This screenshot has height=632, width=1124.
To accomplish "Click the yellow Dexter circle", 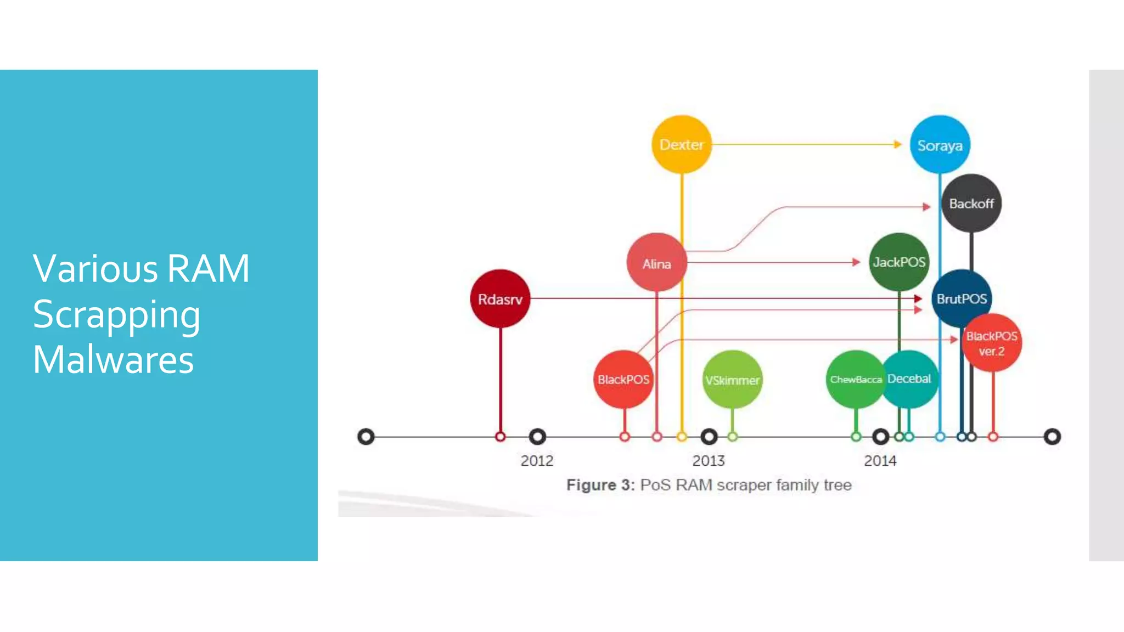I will [681, 144].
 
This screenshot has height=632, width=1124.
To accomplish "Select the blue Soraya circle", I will [940, 145].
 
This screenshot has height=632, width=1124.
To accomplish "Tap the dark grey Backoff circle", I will [971, 204].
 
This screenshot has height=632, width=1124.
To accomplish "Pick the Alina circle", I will [656, 263].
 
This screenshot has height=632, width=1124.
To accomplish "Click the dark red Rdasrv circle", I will [500, 299].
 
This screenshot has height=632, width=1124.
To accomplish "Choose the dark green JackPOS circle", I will [899, 262].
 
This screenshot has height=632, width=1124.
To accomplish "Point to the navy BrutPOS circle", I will [962, 298].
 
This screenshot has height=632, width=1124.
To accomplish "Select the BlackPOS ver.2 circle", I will [992, 343].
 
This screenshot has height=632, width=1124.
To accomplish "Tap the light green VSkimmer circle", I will [732, 380].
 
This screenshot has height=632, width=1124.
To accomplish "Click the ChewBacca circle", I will [855, 379].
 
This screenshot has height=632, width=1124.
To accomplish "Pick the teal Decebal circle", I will [910, 379].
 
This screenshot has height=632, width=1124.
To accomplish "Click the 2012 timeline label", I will [537, 460].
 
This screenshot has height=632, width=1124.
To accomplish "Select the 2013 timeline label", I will [709, 460].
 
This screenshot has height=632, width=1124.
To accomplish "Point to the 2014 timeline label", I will [880, 460].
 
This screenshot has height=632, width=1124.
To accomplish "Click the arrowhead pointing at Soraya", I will [898, 144].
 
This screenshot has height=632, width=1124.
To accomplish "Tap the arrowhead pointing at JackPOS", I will [856, 262].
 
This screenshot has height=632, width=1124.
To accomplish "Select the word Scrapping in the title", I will [116, 315].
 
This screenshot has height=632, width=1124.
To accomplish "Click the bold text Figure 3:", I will [600, 485].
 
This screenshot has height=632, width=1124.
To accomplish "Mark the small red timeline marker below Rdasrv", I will [500, 437].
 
